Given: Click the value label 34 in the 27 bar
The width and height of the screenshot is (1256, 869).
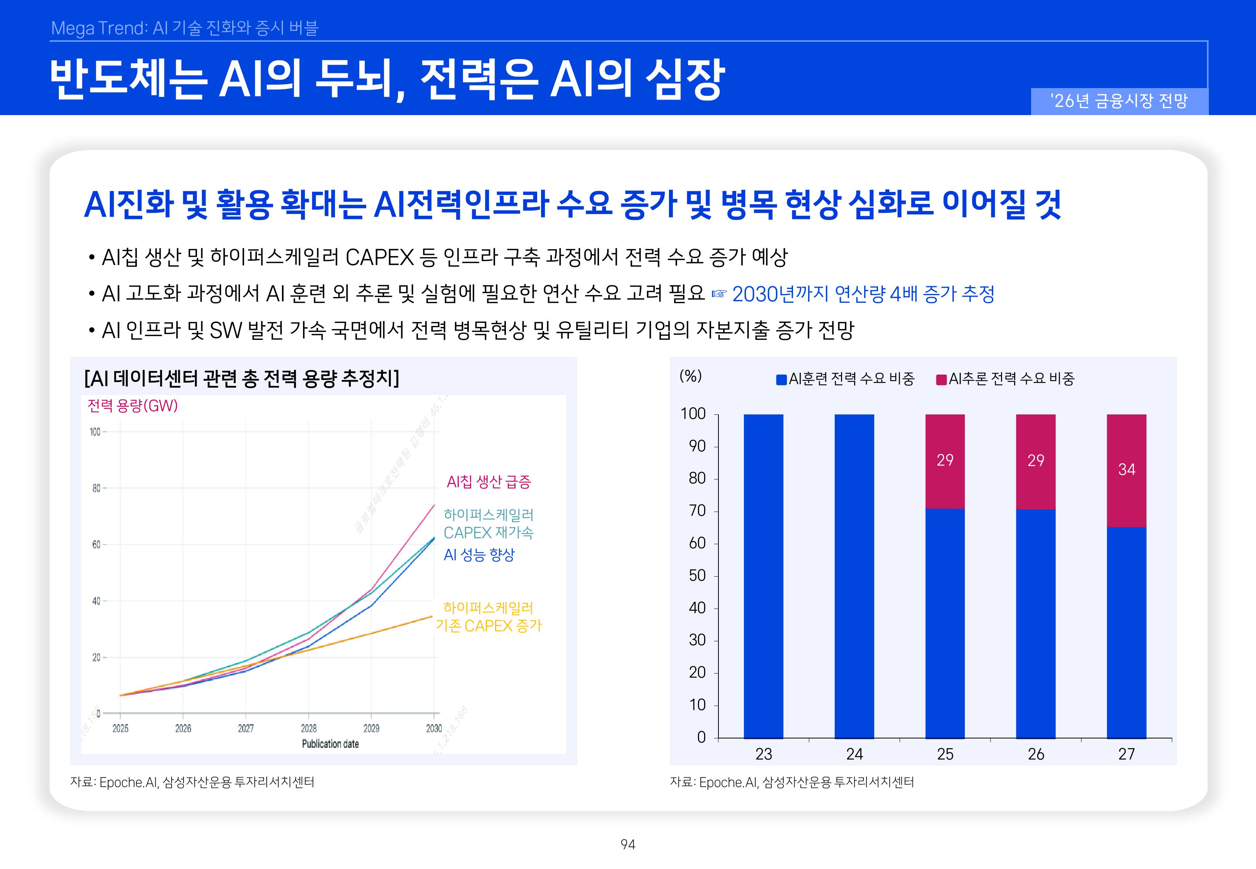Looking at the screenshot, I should tap(1127, 469).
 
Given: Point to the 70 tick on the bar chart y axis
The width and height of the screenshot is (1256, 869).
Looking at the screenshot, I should tap(697, 511).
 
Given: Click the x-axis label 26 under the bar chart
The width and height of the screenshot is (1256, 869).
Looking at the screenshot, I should tap(1035, 754).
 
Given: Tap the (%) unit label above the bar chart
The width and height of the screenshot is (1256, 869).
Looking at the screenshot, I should tap(690, 376).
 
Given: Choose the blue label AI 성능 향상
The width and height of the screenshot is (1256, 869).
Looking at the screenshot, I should tap(479, 555).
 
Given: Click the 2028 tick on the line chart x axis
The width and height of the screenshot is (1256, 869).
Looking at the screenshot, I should tap(308, 728).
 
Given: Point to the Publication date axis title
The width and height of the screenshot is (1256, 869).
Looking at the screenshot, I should tap(330, 744).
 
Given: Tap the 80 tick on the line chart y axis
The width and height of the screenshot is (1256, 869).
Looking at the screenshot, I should tap(96, 489).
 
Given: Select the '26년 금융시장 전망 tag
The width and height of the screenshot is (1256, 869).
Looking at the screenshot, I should tap(1119, 101).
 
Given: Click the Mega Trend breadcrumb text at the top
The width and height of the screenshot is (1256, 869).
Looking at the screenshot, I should tap(184, 28).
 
